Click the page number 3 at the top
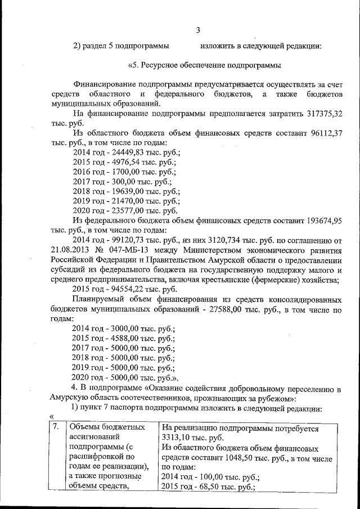point(197,30)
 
